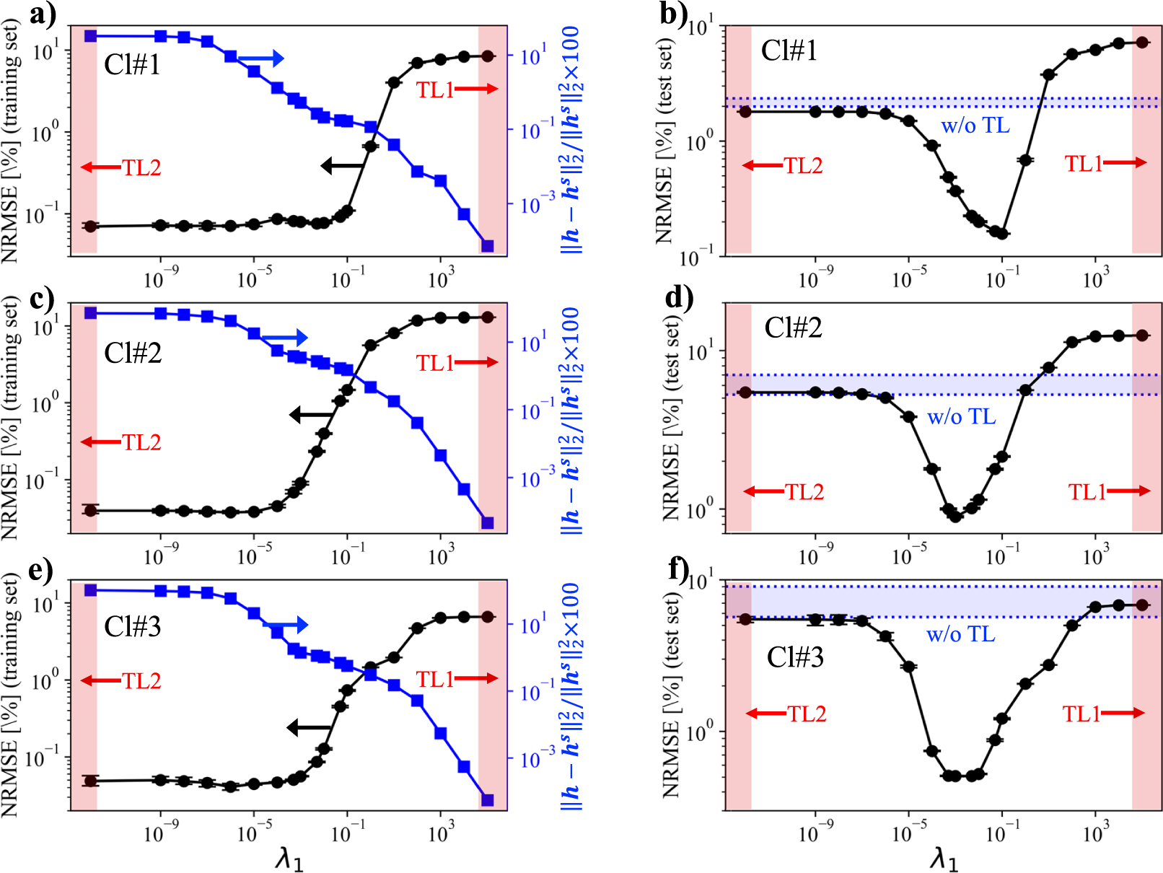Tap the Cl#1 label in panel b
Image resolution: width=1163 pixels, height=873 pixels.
789,51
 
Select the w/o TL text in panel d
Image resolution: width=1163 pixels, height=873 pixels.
961,416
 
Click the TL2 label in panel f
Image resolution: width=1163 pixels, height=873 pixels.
807,714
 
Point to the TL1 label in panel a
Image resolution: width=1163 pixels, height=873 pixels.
435,89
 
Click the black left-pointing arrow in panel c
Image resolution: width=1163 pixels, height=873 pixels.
312,415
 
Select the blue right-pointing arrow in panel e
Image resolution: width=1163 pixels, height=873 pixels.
287,625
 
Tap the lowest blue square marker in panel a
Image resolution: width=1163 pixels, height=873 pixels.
487,246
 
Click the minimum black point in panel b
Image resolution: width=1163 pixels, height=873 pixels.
1001,234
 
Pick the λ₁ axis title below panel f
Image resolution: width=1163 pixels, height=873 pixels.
943,859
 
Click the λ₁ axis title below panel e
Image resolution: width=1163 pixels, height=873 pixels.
289,859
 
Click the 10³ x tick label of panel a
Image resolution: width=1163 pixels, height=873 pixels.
441,278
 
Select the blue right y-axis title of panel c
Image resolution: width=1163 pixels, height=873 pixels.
571,421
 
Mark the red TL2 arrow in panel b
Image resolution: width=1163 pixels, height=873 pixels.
763,166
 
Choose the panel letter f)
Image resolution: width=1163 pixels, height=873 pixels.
678,569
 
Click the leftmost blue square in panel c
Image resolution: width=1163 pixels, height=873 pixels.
90,312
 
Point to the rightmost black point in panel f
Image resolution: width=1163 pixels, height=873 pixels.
1142,605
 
